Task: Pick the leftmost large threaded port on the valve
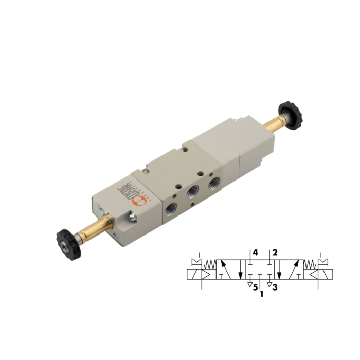point(172,207)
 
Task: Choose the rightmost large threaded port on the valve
point(212,181)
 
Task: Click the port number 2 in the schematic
point(275,253)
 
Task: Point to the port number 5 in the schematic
point(255,287)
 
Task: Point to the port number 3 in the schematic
point(275,287)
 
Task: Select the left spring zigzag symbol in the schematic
point(211,265)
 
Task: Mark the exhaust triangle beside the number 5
point(249,284)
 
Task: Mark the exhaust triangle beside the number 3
point(269,284)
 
